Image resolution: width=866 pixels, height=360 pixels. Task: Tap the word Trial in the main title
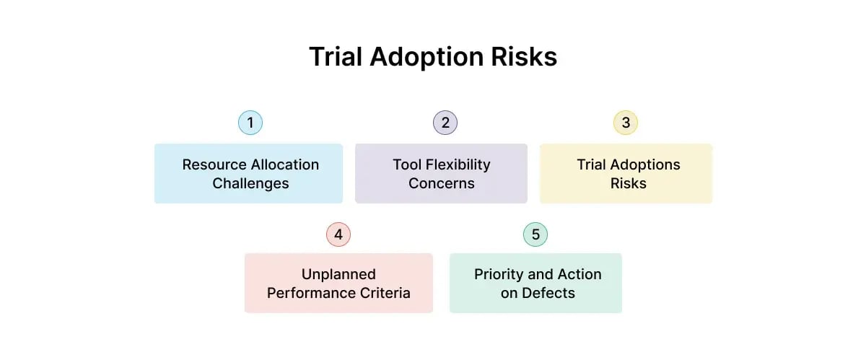point(336,57)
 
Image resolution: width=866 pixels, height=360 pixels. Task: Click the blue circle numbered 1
point(250,123)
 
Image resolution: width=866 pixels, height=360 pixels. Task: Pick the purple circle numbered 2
point(445,123)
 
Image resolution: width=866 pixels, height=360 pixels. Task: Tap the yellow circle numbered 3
point(626,123)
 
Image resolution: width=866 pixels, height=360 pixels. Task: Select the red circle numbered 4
point(338,234)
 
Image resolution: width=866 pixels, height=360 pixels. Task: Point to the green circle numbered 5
point(535,234)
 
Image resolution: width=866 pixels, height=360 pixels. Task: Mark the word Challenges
point(250,183)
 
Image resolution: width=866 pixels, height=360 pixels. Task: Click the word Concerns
point(442,183)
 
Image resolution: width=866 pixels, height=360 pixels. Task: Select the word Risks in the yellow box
point(628,183)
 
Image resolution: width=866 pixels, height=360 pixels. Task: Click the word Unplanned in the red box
point(338,274)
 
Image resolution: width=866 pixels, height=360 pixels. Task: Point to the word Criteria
point(384,293)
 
